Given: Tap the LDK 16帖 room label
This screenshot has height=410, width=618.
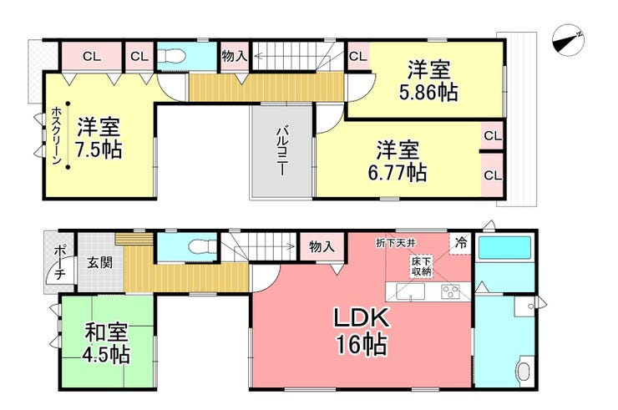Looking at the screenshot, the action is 361,332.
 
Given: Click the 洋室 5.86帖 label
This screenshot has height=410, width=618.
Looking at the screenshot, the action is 428,81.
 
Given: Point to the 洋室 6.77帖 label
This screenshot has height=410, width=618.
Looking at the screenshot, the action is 398,162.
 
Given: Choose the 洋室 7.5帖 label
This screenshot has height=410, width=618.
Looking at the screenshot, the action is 99,139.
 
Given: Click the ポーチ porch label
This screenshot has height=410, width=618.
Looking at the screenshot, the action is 58,261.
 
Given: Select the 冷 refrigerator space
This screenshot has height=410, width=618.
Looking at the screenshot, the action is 460,243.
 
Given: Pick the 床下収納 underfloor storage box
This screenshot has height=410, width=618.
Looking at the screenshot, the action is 420,266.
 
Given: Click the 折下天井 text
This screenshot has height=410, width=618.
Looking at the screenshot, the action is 395,243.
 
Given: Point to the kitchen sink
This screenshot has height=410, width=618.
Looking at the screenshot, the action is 410,292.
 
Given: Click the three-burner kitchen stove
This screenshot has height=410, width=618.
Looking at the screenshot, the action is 451,292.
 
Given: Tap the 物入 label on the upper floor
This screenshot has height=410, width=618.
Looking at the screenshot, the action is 234,56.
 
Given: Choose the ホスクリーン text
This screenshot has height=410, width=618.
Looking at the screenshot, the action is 56,137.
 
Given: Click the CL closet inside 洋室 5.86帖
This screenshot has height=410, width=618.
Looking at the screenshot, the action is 358,57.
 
